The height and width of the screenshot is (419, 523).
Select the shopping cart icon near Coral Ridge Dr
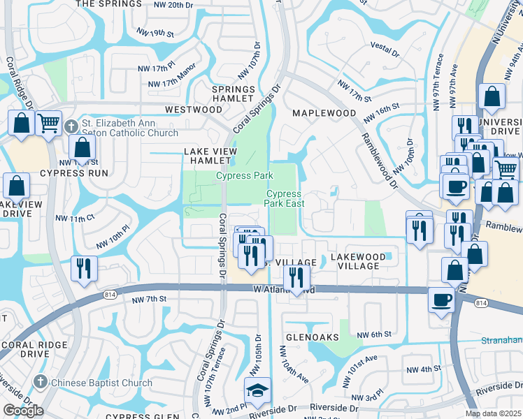(x=48, y=124)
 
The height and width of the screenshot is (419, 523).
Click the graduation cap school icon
(x=257, y=391)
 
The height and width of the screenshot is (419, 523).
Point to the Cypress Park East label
(x=283, y=198)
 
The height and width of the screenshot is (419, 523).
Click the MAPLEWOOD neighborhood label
(x=324, y=113)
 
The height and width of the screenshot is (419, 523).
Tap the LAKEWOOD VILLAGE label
(x=357, y=262)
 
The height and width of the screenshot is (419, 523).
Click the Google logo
(x=23, y=411)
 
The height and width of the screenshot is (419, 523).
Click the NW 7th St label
(x=150, y=299)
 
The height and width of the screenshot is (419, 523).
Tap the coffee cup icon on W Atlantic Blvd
(x=440, y=299)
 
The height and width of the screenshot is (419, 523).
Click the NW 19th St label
(x=155, y=33)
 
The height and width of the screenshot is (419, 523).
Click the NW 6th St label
(x=372, y=335)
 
